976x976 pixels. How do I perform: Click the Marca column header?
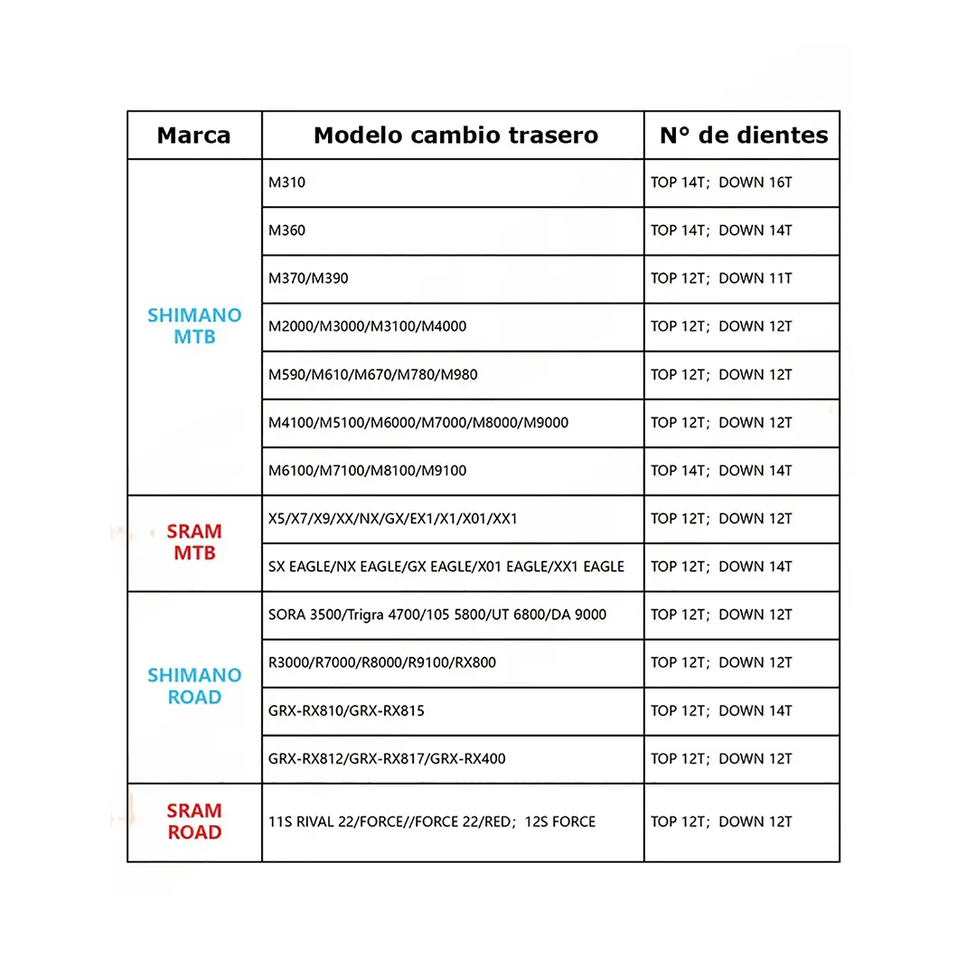coord(193,136)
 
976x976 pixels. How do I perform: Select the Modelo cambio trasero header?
coord(455,136)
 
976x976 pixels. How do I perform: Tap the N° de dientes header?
coord(743,136)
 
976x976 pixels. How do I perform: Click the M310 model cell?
coord(287,183)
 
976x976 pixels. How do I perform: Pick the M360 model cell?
coord(287,230)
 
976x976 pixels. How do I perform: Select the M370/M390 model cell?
coord(308,278)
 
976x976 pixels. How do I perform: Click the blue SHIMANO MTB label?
coord(194,326)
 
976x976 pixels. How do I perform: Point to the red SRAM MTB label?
coord(194,542)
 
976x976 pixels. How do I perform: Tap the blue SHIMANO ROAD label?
coord(194,686)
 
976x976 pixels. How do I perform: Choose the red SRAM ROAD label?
coord(194,821)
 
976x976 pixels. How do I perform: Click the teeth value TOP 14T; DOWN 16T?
coord(721,183)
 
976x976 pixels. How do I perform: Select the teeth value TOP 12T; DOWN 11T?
coord(721,278)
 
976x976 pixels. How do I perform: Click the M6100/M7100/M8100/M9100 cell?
coord(368,470)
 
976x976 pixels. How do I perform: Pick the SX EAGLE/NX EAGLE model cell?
coord(446,567)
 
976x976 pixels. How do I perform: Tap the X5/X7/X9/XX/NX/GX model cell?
coord(393,519)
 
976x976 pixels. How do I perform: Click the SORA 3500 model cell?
coord(437,615)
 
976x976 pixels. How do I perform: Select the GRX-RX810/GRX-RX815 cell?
coord(346,710)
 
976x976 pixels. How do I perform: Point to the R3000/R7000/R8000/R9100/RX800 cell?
coord(382,662)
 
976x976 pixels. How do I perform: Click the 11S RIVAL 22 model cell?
coord(432,821)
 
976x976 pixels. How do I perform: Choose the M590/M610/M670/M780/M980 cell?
coord(373,374)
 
